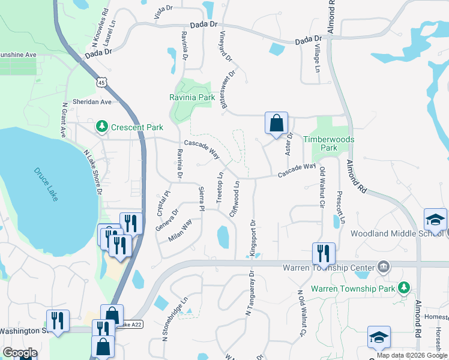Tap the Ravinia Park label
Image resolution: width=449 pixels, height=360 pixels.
191,97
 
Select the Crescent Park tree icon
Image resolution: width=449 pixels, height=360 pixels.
101,127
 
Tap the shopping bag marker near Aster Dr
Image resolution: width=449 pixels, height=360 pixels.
276,124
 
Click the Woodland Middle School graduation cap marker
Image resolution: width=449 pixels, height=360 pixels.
435,220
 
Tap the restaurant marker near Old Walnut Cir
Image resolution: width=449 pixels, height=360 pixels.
324,254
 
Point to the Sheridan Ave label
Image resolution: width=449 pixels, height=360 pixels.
92,102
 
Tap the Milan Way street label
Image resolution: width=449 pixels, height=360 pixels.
180,230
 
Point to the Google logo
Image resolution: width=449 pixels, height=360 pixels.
20,353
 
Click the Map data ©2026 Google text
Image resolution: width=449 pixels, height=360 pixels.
412,355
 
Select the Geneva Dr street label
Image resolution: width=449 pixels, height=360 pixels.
167,220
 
